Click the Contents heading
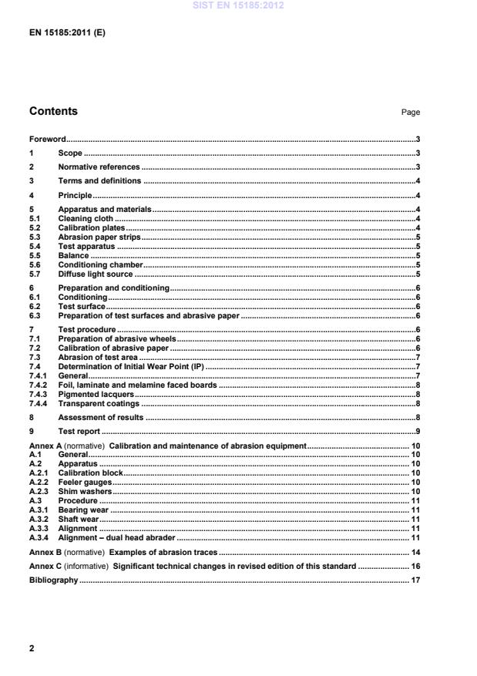[53, 111]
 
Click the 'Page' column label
[411, 113]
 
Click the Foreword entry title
[47, 140]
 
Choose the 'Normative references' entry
[99, 167]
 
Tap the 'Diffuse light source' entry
[96, 274]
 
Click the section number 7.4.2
[38, 385]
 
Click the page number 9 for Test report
[417, 431]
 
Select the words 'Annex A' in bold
[45, 446]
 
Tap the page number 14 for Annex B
[415, 553]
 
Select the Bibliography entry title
[53, 580]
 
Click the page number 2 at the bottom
[32, 648]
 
